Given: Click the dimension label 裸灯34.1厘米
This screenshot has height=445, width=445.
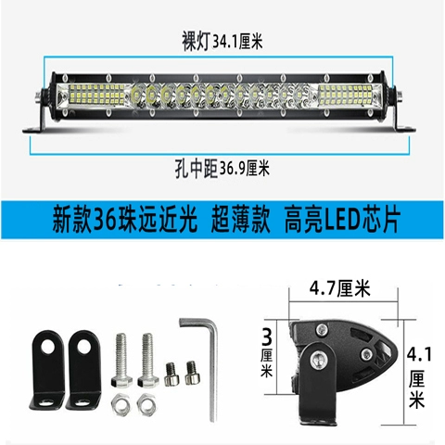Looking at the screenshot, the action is pos(222,42).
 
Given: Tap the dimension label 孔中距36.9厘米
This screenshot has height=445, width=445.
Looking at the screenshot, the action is pos(222,169).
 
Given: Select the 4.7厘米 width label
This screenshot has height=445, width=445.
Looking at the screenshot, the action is pos(339,288).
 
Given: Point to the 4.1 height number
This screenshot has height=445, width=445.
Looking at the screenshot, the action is pos(419,354).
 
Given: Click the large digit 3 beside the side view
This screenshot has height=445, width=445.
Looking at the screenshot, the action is pos(267,337).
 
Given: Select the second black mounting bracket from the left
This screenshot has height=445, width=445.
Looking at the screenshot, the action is pos(83,370).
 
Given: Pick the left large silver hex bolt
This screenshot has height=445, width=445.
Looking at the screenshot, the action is pos(121,360).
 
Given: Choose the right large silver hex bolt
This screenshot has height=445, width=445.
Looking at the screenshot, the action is pos(148,360).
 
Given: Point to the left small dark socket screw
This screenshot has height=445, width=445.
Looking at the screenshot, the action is pos(171,374).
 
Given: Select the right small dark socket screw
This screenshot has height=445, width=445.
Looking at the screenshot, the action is pos(192,373).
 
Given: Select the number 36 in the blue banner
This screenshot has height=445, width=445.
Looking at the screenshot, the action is pos(106,221).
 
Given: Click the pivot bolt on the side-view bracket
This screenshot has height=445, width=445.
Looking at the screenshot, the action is pos(318,360).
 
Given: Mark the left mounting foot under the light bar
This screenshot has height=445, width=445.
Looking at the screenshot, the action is pos(38,121).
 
